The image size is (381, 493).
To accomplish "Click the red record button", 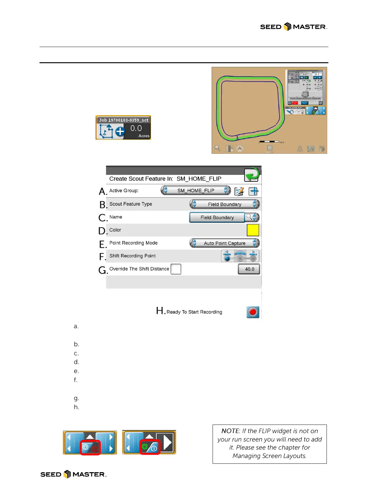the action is click(253, 312).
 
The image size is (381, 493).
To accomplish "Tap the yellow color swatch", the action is click(253, 230).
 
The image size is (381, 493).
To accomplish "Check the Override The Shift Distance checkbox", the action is click(176, 269).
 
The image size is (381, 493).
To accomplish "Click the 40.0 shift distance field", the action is click(249, 269).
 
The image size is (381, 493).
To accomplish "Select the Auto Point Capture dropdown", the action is click(224, 243).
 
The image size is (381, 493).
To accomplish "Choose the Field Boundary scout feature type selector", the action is click(224, 204).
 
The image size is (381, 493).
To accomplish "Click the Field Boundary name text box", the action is click(217, 217).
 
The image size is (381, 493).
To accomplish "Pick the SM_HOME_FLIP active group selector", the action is click(196, 190).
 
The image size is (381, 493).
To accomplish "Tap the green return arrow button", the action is click(252, 175).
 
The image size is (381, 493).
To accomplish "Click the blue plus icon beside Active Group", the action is click(253, 191).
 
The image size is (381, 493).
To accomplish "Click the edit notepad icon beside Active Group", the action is click(239, 191).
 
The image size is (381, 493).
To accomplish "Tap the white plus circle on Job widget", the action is click(120, 132).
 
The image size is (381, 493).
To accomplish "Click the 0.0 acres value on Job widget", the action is click(136, 128).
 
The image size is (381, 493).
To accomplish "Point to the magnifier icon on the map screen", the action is click(217, 148).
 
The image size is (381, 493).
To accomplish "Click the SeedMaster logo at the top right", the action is click(293, 27).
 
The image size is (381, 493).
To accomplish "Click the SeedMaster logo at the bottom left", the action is click(73, 474).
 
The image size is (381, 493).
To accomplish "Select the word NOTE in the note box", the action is click(230, 431).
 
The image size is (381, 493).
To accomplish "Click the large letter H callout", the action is click(160, 310).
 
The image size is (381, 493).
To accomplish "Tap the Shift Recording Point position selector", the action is click(240, 256).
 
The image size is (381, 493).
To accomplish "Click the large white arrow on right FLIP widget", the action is click(167, 442).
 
